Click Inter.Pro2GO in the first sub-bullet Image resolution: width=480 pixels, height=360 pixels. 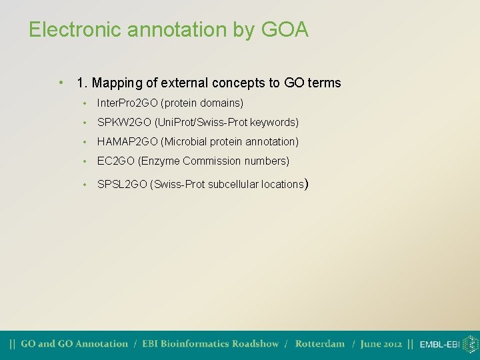127,103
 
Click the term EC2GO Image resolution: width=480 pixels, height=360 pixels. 116,161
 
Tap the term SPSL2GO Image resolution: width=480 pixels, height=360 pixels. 122,184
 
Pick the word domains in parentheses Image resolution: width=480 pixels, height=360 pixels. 221,103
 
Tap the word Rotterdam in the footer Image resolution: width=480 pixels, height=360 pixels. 320,344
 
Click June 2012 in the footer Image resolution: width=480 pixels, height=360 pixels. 381,344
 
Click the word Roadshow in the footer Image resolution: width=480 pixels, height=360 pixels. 256,344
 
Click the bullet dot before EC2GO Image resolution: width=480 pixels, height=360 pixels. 85,161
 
